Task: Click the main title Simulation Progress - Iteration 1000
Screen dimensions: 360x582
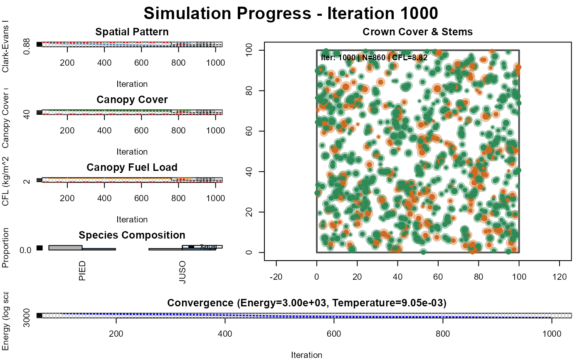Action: tap(291, 13)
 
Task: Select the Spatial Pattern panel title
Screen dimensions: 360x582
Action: tap(132, 32)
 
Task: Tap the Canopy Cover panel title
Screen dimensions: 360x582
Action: tap(132, 100)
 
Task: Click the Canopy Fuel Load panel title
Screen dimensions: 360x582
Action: tap(132, 167)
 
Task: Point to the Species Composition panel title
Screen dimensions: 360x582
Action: tap(132, 235)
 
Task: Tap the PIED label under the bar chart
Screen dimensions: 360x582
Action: tap(82, 271)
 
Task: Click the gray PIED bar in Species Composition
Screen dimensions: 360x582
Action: tap(65, 247)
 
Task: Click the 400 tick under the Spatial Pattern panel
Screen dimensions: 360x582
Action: tap(104, 62)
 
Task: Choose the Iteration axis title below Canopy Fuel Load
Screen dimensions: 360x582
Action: tap(132, 219)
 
